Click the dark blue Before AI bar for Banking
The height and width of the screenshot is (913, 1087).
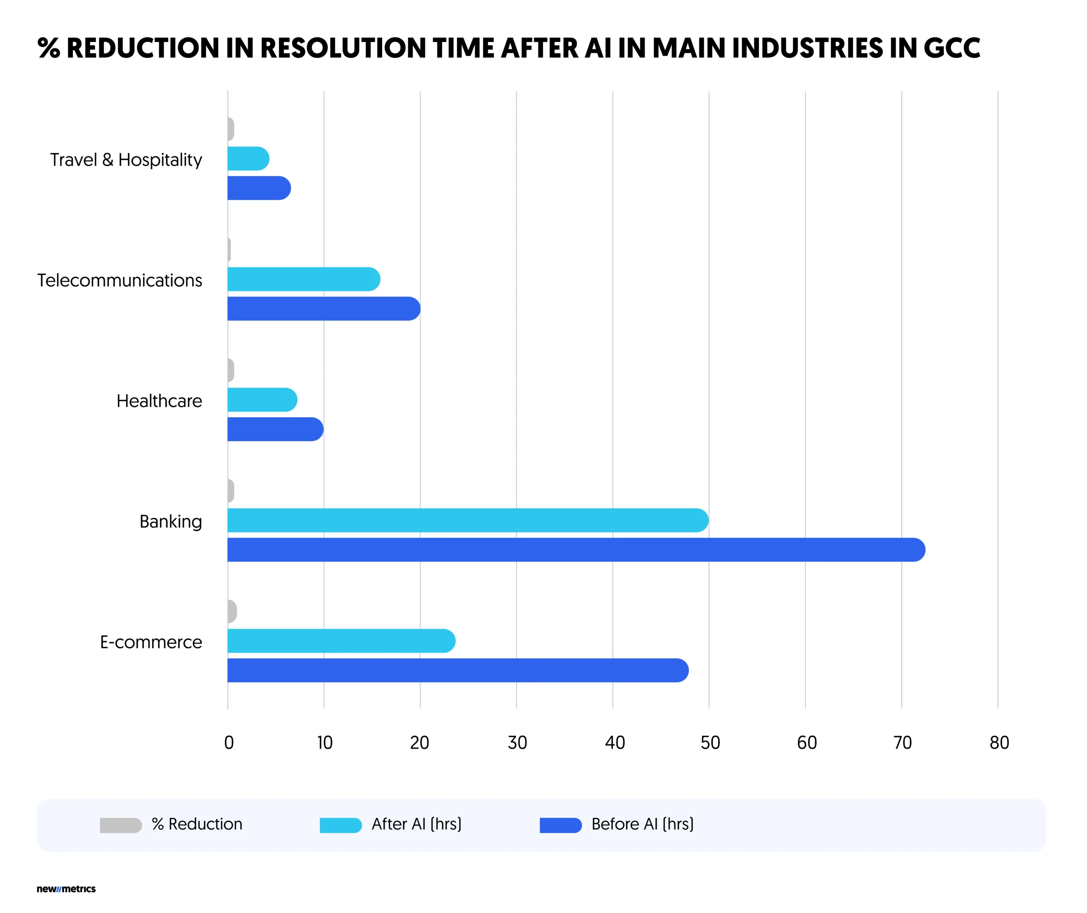click(x=574, y=549)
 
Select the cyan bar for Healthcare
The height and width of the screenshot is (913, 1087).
click(x=262, y=400)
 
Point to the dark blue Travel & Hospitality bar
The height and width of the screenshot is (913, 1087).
click(x=259, y=188)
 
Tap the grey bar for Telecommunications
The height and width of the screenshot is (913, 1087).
click(x=229, y=250)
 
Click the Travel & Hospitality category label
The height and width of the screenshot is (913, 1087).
click(x=126, y=160)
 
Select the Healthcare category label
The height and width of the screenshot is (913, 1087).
click(x=159, y=401)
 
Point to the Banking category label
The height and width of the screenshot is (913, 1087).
click(x=170, y=522)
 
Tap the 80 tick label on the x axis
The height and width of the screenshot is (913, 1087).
click(x=999, y=743)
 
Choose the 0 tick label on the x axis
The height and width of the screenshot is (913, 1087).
click(x=229, y=743)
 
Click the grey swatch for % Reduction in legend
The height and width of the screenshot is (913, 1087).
click(x=121, y=825)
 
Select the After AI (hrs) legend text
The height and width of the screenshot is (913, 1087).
click(x=416, y=824)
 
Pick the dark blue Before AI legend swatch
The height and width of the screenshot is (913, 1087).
click(x=560, y=825)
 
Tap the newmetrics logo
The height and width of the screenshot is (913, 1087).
click(x=66, y=889)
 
